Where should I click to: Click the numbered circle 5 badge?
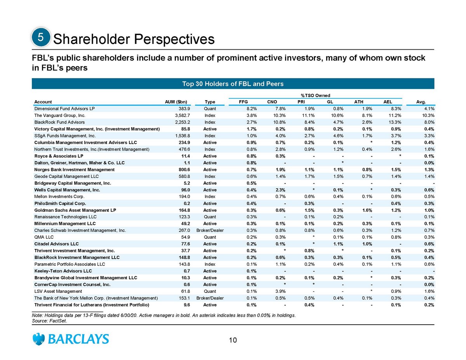point(39,38)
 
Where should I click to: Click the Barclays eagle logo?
point(39,339)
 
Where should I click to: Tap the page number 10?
point(233,341)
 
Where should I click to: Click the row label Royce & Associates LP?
point(56,156)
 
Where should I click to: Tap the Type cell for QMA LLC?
point(210,237)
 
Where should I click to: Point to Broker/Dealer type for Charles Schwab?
point(210,230)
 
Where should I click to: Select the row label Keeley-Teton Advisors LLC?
point(63,271)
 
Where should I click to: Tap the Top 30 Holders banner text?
point(233,84)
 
